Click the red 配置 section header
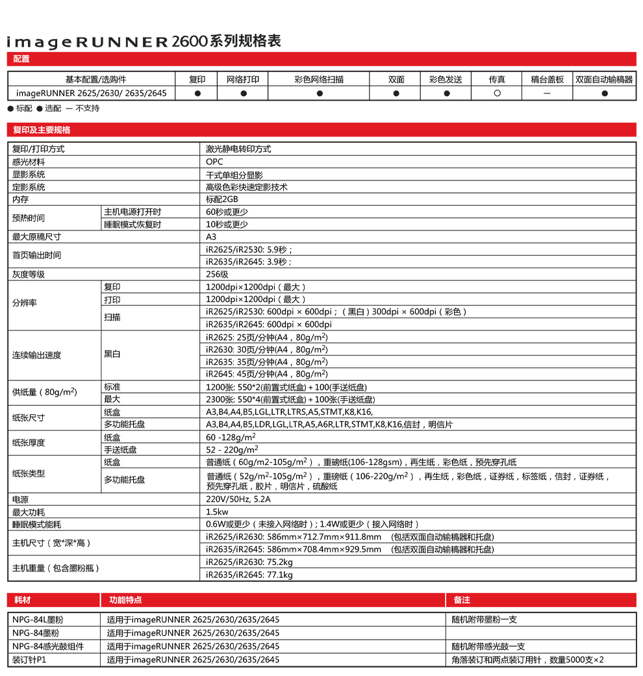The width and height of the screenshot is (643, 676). point(21,59)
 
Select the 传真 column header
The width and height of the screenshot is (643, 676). point(497,79)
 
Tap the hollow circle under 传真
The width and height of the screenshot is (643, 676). point(497,94)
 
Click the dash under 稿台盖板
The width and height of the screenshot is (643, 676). point(547,94)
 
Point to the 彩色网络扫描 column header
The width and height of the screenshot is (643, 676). point(319,79)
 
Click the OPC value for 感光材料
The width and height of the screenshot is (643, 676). point(214,162)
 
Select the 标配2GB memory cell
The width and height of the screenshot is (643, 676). point(222,199)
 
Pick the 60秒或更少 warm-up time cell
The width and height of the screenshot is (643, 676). point(227,212)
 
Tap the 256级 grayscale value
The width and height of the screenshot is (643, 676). point(217,275)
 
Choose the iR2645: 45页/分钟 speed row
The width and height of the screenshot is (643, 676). point(266,374)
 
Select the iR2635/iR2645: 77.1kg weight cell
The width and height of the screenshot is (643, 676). point(249,575)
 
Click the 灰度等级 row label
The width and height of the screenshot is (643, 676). point(29,275)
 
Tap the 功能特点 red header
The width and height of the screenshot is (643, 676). point(125,600)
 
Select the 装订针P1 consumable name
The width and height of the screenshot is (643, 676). point(30,660)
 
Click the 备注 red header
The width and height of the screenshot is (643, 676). point(462,600)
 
